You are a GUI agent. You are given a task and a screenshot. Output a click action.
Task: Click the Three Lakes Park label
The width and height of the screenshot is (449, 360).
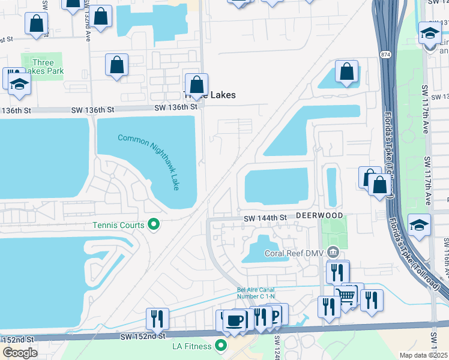tap(43, 67)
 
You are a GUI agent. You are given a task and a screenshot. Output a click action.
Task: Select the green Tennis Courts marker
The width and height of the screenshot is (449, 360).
tap(154, 225)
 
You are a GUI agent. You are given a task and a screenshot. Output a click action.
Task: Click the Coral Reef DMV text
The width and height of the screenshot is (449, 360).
tap(294, 253)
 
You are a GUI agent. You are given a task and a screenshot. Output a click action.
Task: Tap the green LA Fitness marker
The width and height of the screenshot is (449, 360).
tap(221, 346)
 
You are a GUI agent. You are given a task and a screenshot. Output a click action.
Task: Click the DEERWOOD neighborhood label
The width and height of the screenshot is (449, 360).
tap(319, 215)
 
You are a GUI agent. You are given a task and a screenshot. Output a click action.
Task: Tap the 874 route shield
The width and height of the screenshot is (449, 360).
tap(385, 55)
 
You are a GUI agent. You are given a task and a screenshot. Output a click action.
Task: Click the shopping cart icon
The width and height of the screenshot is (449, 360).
tap(345, 295)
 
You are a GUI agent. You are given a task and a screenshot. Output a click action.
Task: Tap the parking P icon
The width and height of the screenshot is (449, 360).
tap(276, 315)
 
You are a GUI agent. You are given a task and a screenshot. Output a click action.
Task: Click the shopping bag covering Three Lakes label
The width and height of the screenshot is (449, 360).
tap(196, 85)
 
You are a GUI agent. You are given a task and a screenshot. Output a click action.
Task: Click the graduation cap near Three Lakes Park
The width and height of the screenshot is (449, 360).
tap(19, 85)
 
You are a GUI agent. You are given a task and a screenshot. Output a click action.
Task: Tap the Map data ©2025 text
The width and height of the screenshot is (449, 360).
tap(423, 355)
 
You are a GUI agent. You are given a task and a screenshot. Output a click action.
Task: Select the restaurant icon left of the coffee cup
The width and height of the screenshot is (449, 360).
tap(157, 319)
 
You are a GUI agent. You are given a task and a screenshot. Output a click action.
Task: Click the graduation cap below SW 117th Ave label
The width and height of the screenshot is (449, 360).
tap(419, 226)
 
